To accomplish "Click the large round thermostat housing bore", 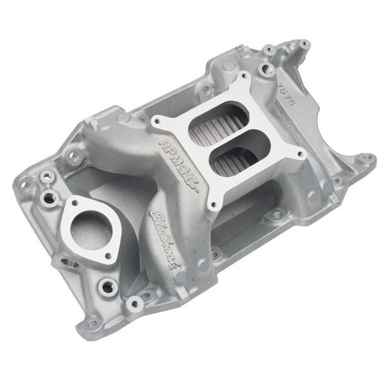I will point(87,228).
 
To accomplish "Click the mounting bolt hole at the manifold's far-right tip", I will point(366,157).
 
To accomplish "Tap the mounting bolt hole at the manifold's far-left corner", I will point(25,185).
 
